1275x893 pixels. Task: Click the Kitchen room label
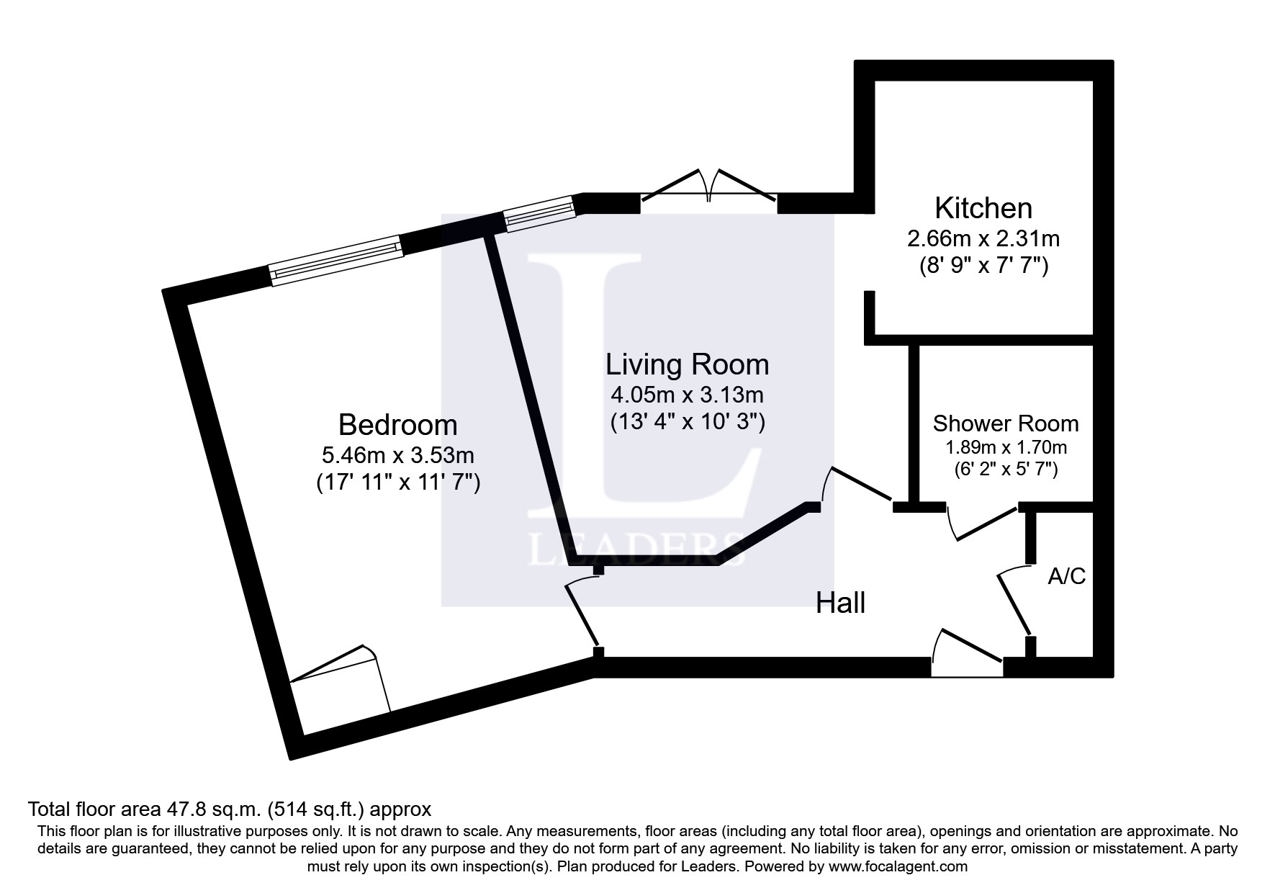(983, 208)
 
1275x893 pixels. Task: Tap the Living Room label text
(687, 364)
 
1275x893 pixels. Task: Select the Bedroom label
(397, 425)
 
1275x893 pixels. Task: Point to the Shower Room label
(1005, 423)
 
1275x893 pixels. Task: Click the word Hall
(840, 603)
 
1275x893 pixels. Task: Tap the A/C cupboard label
(1066, 576)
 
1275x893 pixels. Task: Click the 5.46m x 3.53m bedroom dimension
(397, 455)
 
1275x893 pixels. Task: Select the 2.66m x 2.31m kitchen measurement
(983, 238)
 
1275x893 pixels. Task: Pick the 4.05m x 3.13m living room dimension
(687, 395)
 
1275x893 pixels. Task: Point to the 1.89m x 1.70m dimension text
(1005, 447)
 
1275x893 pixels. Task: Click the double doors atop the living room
(708, 189)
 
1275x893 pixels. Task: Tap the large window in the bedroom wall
(336, 259)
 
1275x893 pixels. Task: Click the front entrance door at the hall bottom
(966, 652)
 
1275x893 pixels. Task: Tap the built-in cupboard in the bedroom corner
(338, 681)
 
